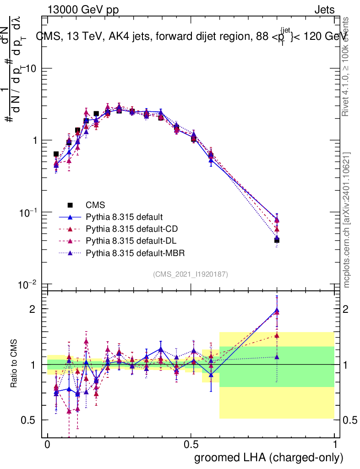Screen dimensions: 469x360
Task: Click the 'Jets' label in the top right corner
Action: click(x=324, y=10)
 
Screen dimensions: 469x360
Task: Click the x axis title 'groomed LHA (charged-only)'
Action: click(x=269, y=458)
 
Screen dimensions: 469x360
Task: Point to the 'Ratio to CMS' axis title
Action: click(x=14, y=365)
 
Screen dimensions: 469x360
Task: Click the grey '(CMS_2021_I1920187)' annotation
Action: click(x=191, y=274)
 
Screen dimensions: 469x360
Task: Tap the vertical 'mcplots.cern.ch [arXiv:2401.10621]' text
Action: click(x=347, y=220)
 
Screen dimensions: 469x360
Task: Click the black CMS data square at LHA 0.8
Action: click(x=277, y=240)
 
